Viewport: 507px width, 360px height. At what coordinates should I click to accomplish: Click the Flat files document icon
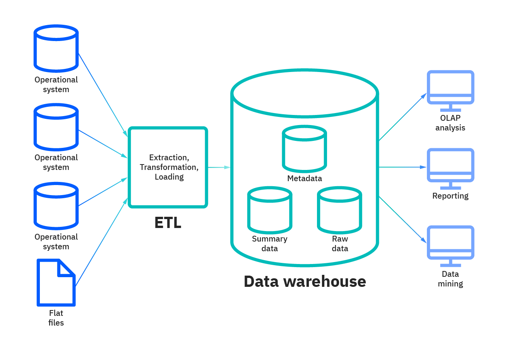56,283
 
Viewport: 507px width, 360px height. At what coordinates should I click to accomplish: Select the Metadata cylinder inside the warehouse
305,149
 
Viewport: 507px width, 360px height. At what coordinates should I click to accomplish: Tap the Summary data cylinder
269,211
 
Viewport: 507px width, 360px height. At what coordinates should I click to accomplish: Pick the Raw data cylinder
339,211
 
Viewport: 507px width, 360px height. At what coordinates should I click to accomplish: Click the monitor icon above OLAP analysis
450,88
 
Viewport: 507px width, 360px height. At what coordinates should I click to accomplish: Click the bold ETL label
168,223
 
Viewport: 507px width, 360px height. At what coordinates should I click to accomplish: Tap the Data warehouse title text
305,281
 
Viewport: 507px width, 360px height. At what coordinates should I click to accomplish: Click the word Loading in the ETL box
169,177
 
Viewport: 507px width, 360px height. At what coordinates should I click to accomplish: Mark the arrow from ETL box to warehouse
219,167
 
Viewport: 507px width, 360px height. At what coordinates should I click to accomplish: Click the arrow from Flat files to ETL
101,242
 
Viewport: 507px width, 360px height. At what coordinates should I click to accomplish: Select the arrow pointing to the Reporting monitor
403,167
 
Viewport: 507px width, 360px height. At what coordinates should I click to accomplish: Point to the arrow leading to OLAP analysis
403,117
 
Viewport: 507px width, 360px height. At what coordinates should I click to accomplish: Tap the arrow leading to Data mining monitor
403,219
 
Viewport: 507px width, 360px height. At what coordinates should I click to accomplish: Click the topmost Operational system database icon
56,49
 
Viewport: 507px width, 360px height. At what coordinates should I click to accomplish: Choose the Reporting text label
450,196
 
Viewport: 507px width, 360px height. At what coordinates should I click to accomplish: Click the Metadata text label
305,178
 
